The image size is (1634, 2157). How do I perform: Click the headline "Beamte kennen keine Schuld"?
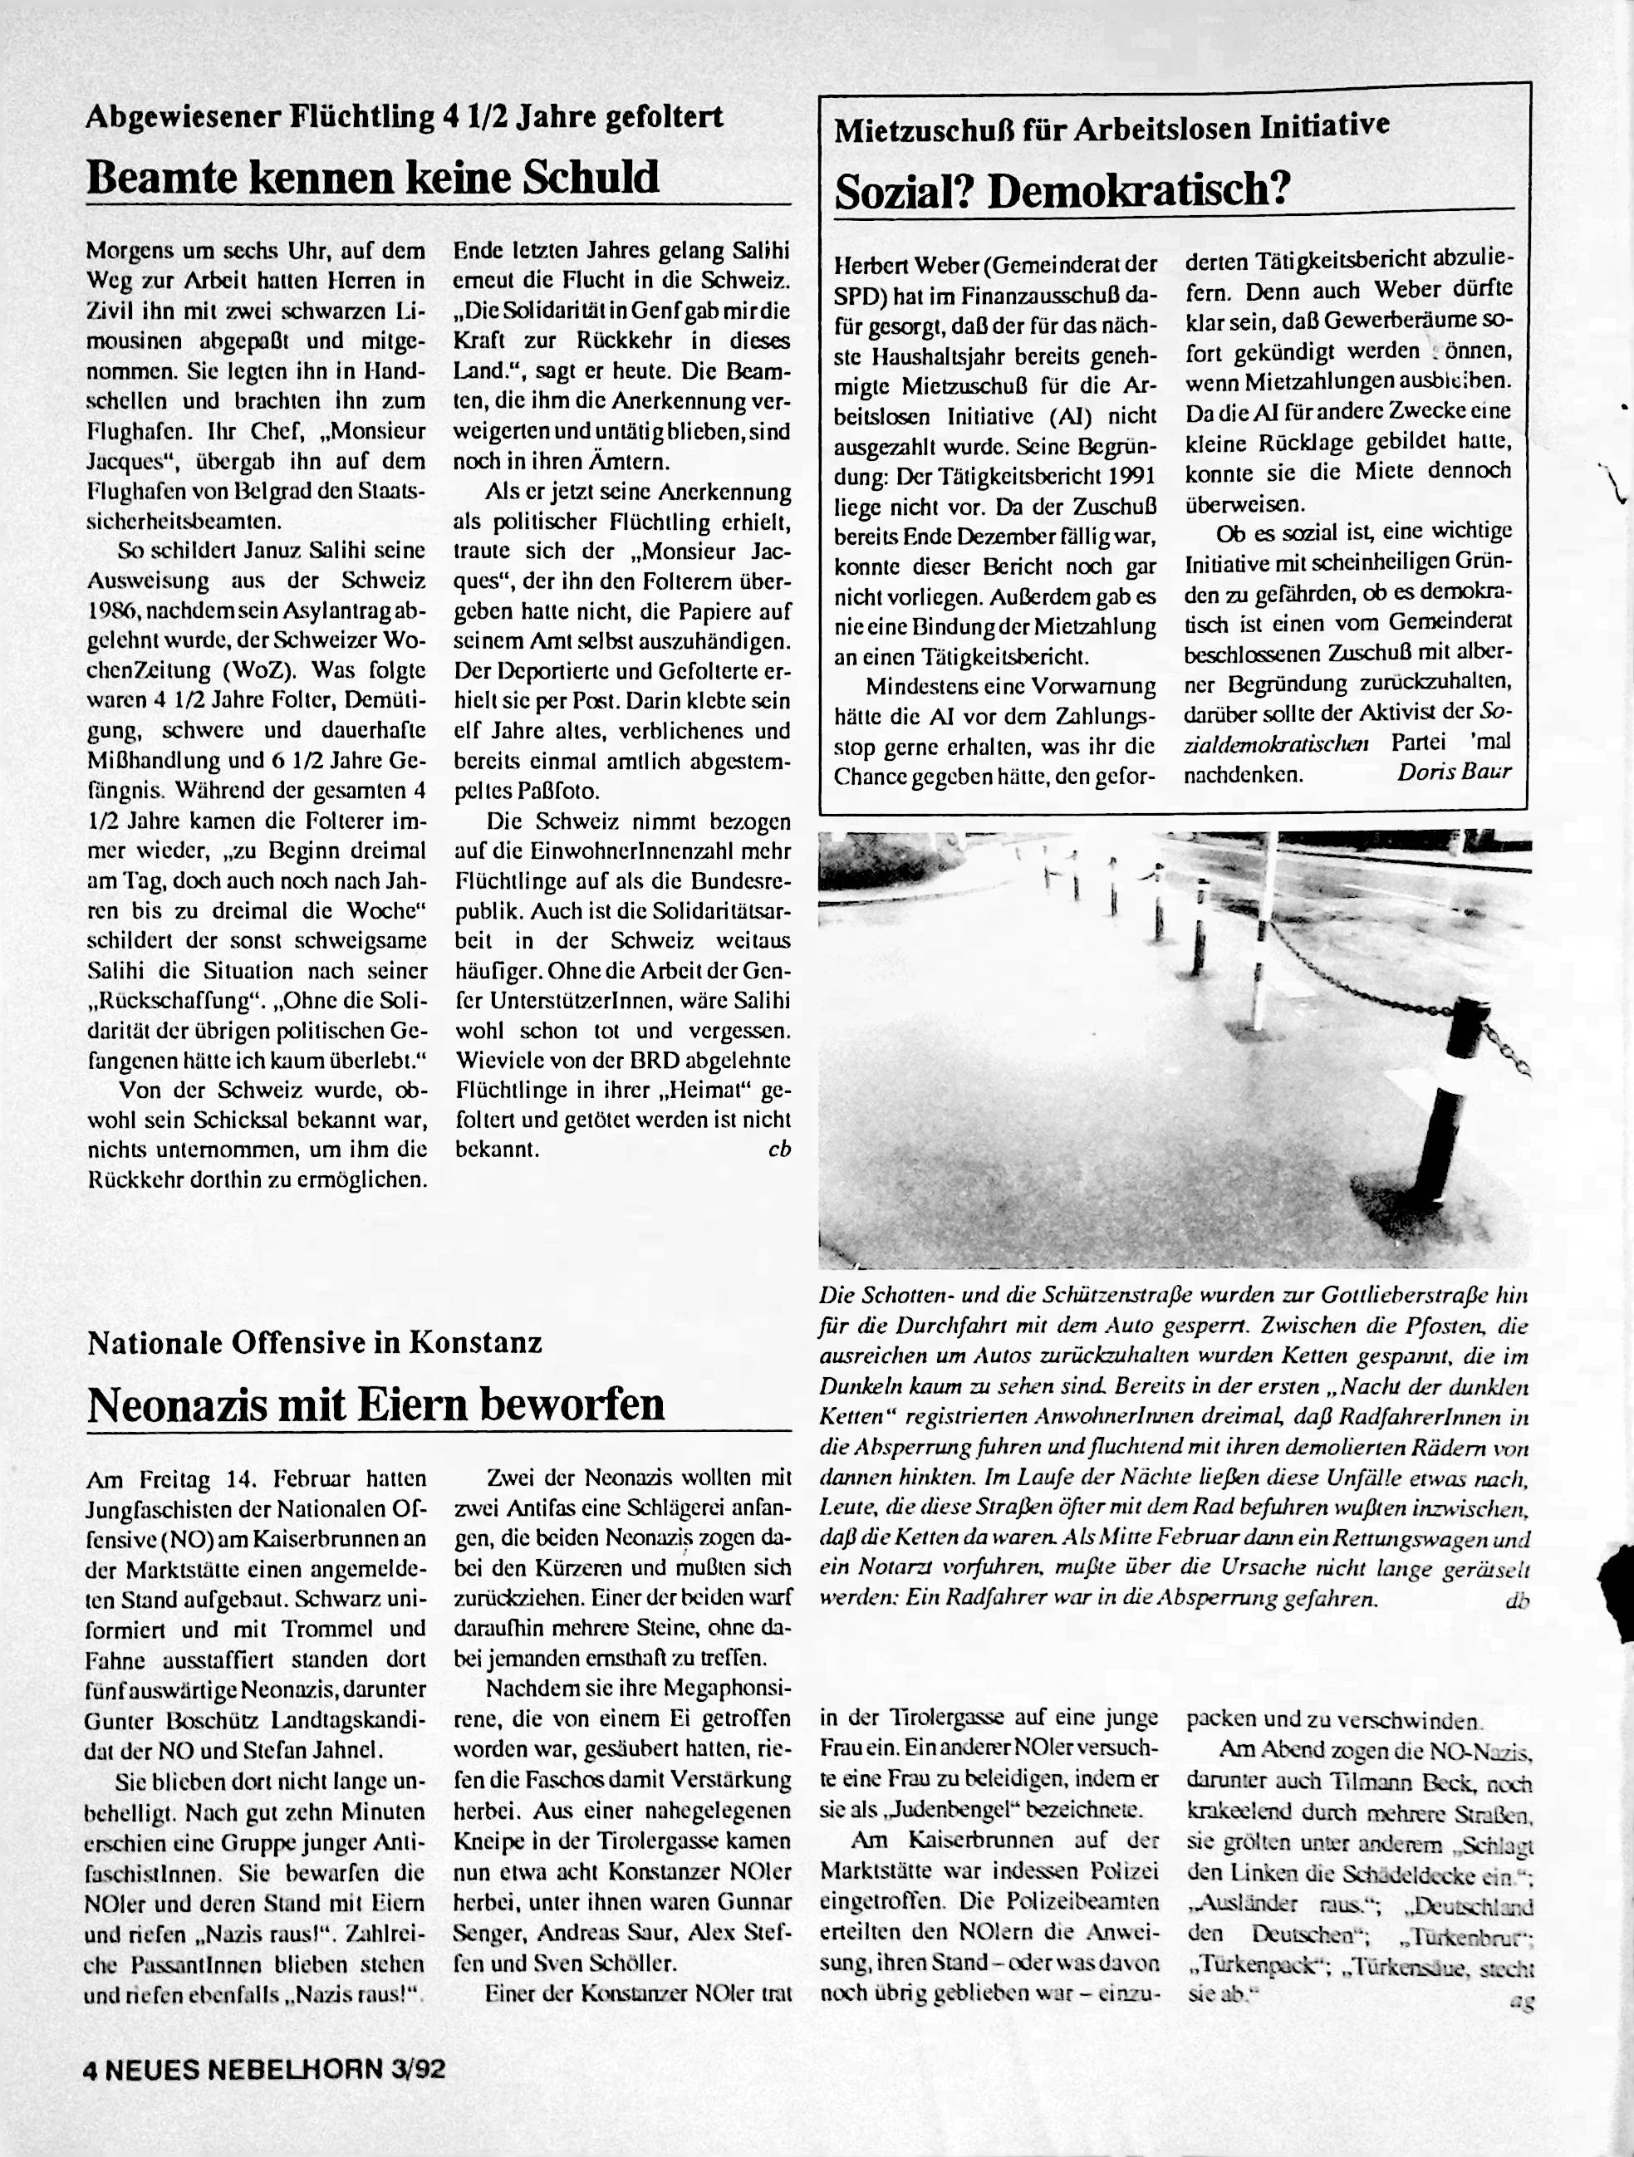pos(373,178)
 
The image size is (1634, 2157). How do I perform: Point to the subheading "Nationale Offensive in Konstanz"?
pos(314,1343)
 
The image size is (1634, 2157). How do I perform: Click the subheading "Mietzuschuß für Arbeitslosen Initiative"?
pos(1111,127)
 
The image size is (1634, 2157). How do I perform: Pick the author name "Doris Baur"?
pos(1454,772)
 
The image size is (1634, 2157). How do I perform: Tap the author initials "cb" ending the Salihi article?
pos(778,1149)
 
